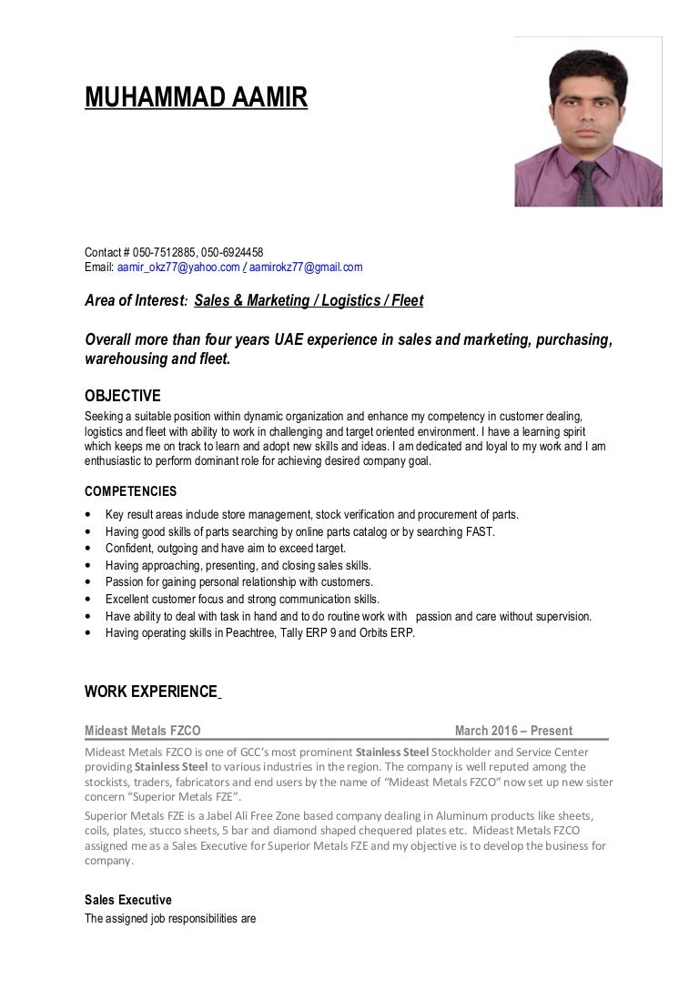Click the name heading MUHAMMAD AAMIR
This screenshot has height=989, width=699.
click(x=196, y=97)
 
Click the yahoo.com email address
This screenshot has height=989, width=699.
click(x=178, y=267)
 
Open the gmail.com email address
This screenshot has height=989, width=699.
click(x=306, y=267)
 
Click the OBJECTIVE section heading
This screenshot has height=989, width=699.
click(x=122, y=396)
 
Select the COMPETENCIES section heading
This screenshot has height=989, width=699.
click(x=130, y=492)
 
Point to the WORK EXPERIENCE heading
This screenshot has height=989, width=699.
click(x=150, y=691)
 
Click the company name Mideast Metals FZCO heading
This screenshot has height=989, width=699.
click(x=143, y=731)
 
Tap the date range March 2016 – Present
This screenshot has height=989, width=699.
click(x=513, y=731)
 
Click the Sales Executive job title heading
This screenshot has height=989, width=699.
click(x=127, y=900)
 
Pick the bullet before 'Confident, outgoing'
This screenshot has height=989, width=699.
click(x=87, y=550)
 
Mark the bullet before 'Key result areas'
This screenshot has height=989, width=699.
click(x=87, y=516)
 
